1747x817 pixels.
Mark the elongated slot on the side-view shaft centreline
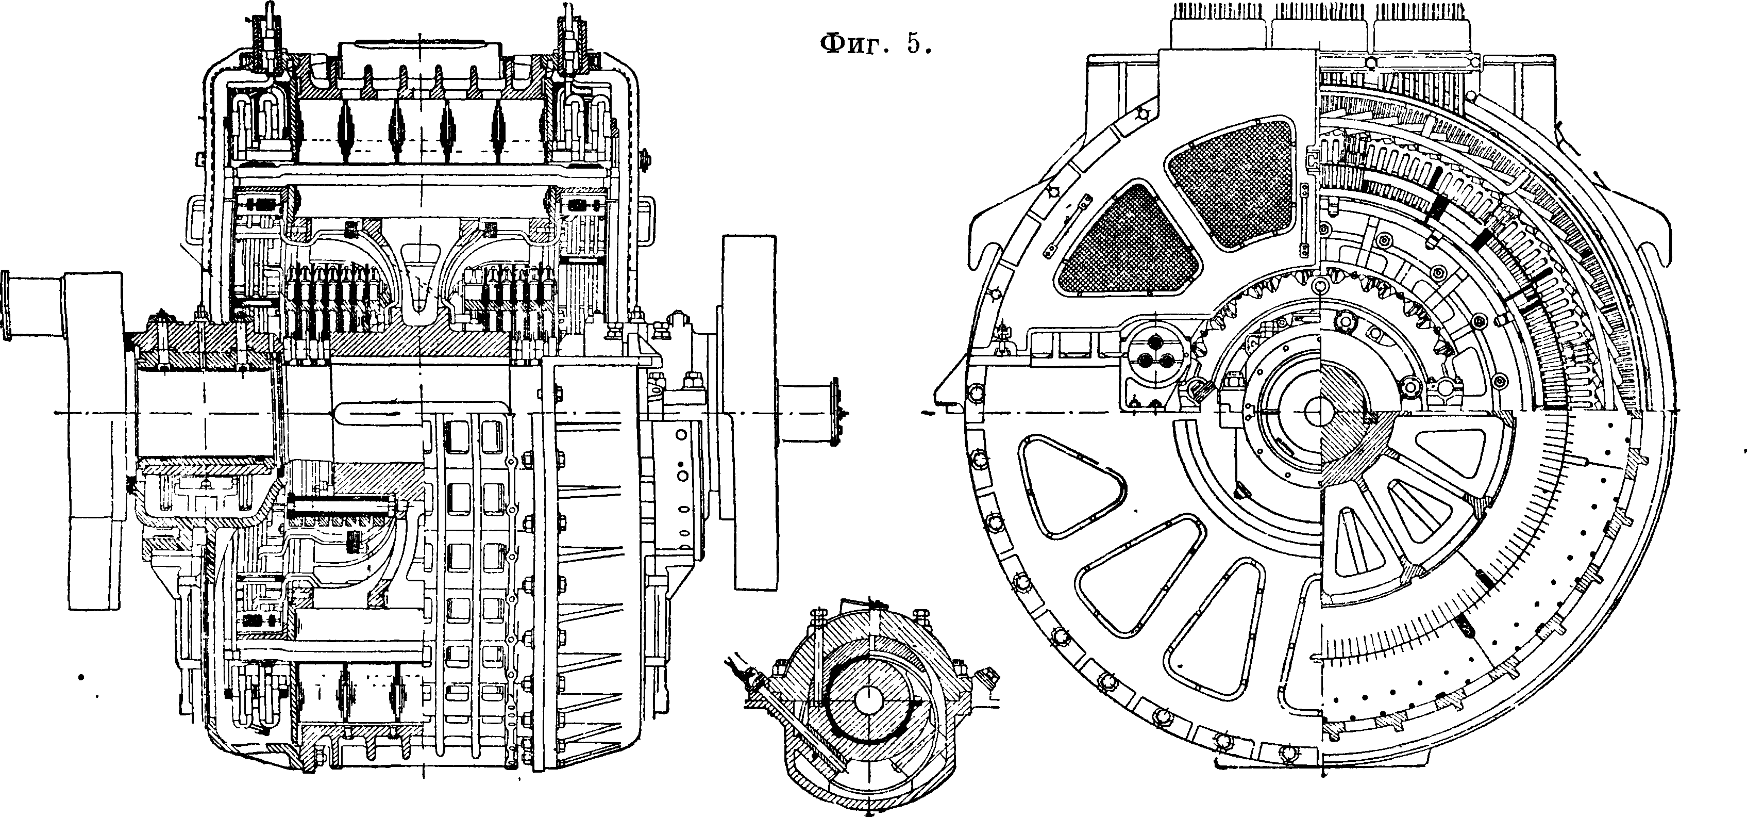tap(421, 411)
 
